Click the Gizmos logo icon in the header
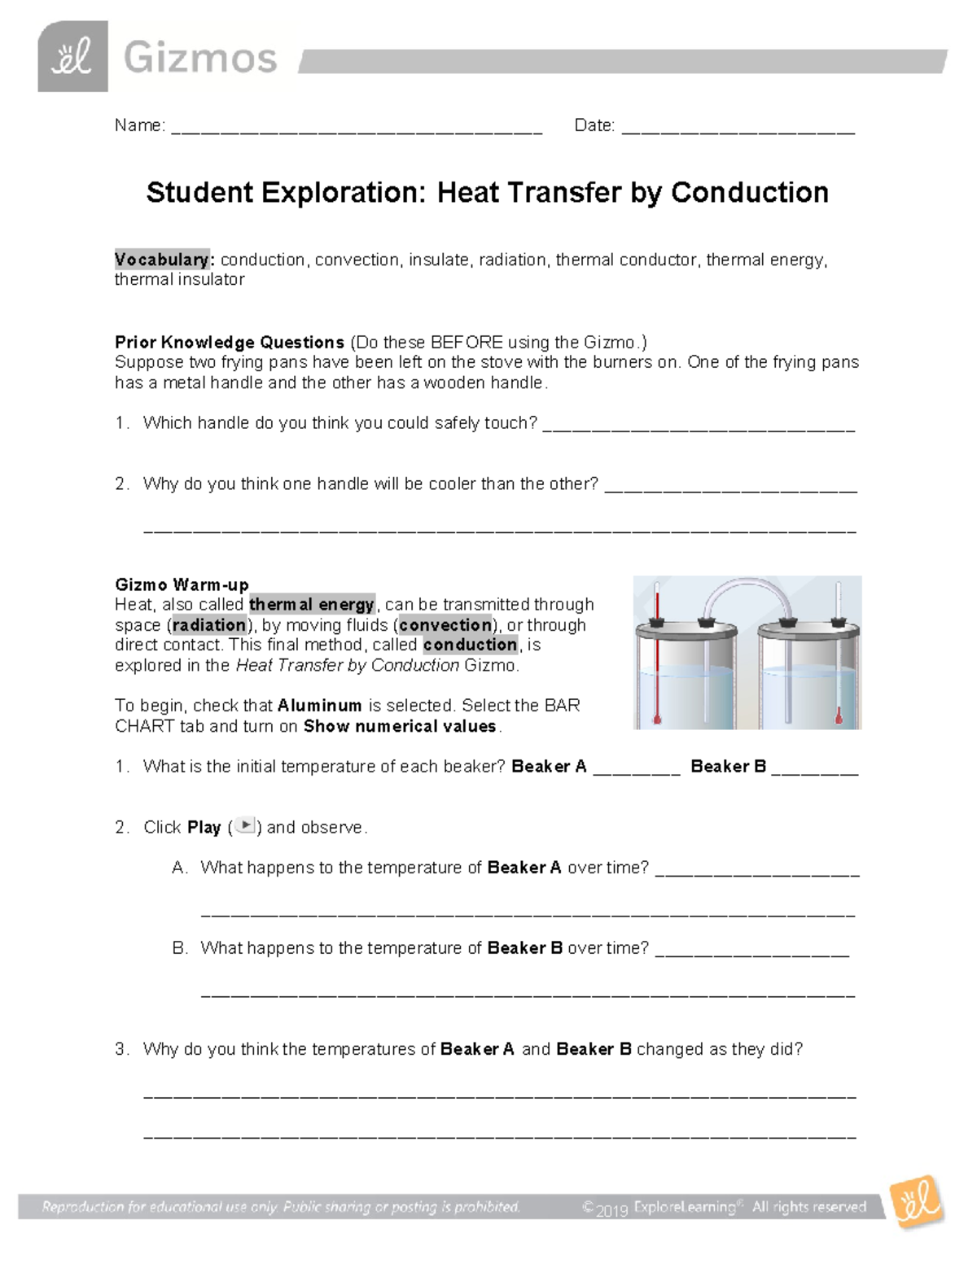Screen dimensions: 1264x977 point(72,57)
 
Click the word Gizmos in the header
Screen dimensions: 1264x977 point(200,59)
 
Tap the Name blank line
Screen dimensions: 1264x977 point(357,129)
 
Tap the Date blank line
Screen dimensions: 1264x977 point(738,129)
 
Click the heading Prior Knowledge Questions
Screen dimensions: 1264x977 point(230,342)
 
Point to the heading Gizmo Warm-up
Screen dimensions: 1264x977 point(182,584)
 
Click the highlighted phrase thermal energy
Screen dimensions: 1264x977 point(312,604)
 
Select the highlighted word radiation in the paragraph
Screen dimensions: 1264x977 point(209,624)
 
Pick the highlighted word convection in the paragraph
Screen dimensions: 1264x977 point(445,624)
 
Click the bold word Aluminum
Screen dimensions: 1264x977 point(319,705)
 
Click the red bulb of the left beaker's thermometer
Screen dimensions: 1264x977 point(656,719)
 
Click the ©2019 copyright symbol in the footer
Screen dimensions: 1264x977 point(588,1209)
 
